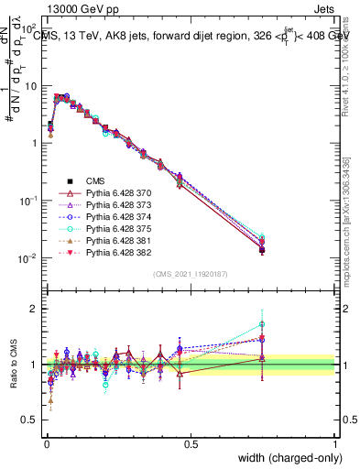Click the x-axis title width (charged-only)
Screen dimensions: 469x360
tap(286, 458)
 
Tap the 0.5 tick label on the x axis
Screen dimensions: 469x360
tap(191, 443)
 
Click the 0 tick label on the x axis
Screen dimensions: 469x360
tap(46, 443)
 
